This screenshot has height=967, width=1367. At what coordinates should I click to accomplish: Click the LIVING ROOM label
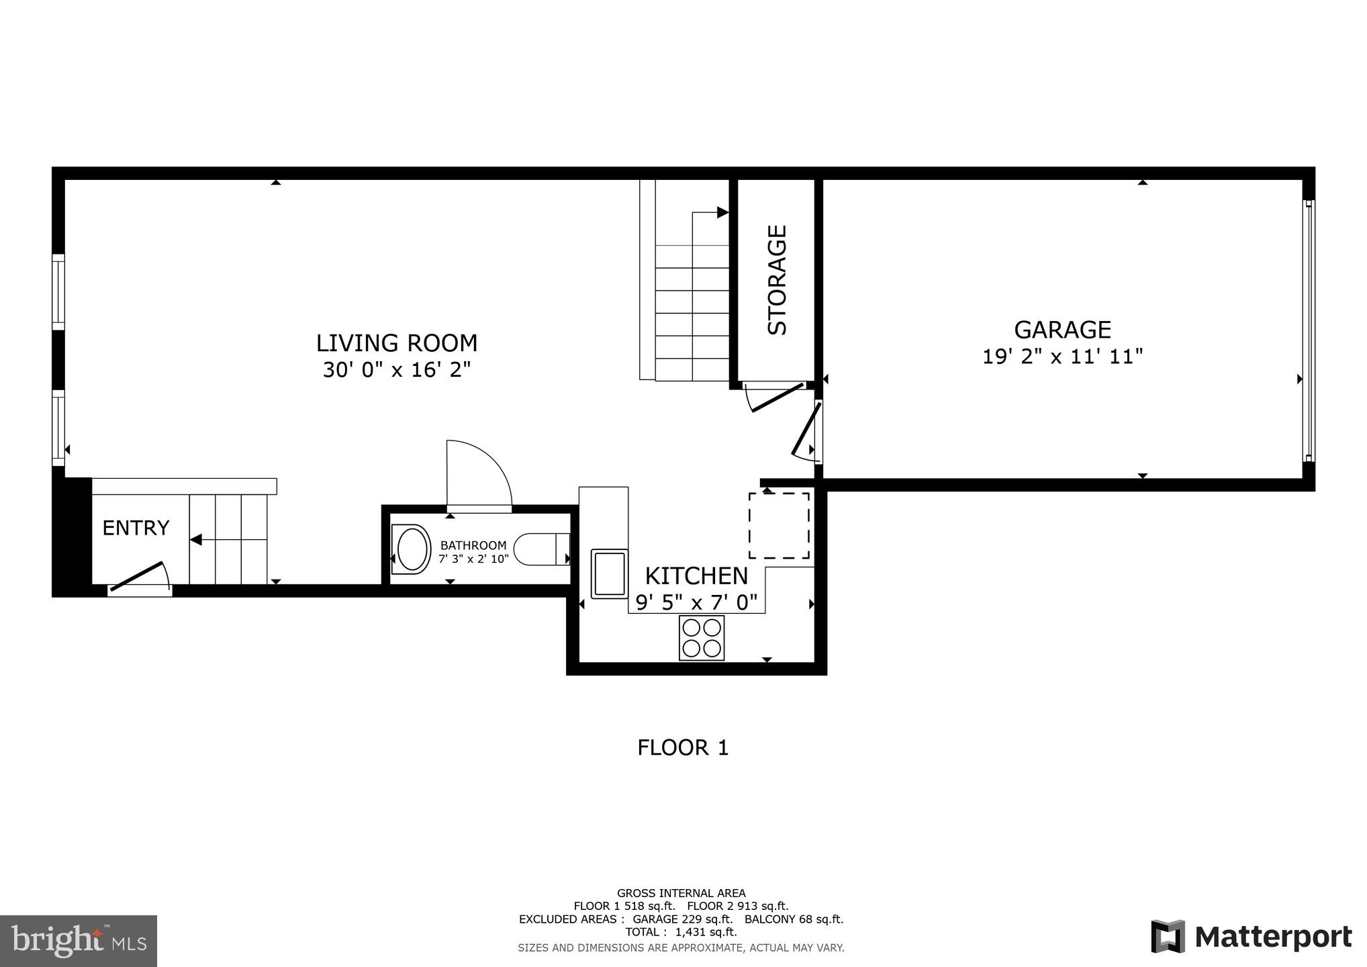click(x=397, y=343)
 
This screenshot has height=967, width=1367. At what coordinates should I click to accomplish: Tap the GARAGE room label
click(x=1062, y=330)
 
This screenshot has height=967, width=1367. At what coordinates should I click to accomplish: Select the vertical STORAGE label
click(x=777, y=279)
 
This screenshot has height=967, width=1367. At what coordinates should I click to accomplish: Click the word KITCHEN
click(x=696, y=576)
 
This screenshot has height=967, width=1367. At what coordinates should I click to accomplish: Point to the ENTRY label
click(x=136, y=528)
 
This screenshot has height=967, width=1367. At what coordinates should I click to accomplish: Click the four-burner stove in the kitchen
click(x=702, y=638)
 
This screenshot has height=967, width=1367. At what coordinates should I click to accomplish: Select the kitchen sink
click(x=609, y=573)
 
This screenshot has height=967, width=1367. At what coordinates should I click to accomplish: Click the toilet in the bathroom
click(x=543, y=549)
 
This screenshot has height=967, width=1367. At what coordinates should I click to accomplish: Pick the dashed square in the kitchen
click(x=779, y=525)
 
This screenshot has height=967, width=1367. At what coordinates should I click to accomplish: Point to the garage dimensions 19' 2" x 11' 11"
click(x=1062, y=357)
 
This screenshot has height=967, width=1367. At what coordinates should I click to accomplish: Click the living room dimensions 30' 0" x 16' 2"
click(x=397, y=370)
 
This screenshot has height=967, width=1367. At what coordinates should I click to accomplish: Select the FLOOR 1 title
click(x=683, y=747)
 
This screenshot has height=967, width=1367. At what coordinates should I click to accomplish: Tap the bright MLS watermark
click(x=79, y=941)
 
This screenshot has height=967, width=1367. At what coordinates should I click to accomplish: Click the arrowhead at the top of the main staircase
click(x=722, y=213)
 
